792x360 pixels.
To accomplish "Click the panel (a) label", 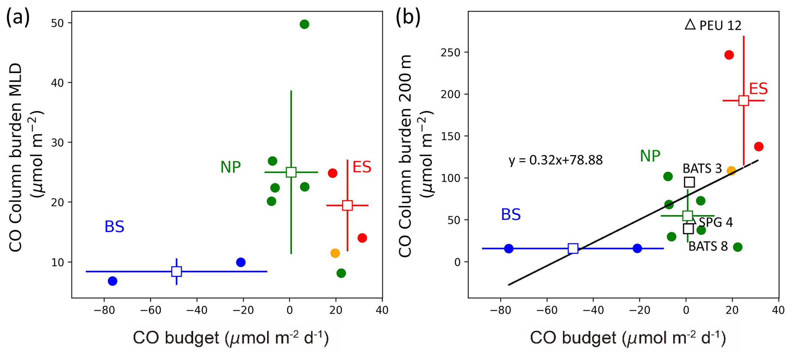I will tap(18, 18).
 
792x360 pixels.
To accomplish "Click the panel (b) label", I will tap(408, 18).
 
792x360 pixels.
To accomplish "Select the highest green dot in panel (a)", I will tap(304, 25).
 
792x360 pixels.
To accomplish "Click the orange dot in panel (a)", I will tap(335, 253).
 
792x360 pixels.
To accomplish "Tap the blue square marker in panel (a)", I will tap(176, 272).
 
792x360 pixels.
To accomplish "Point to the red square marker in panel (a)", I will tap(347, 205).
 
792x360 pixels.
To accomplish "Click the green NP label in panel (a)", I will tap(230, 167).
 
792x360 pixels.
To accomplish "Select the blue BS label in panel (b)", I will tap(511, 215).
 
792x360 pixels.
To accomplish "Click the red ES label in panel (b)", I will tap(758, 89).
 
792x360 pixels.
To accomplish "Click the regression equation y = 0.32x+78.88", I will tap(556, 160).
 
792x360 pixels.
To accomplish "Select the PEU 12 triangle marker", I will tap(690, 25).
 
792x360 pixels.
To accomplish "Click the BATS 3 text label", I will tap(702, 169).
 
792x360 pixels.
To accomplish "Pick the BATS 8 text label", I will tap(708, 246).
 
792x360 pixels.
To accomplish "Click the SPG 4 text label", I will tap(715, 223).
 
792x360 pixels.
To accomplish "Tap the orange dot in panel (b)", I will tap(731, 170).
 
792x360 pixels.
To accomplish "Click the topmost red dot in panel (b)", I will tap(729, 55).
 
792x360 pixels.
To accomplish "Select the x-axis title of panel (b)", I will tap(628, 339).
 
